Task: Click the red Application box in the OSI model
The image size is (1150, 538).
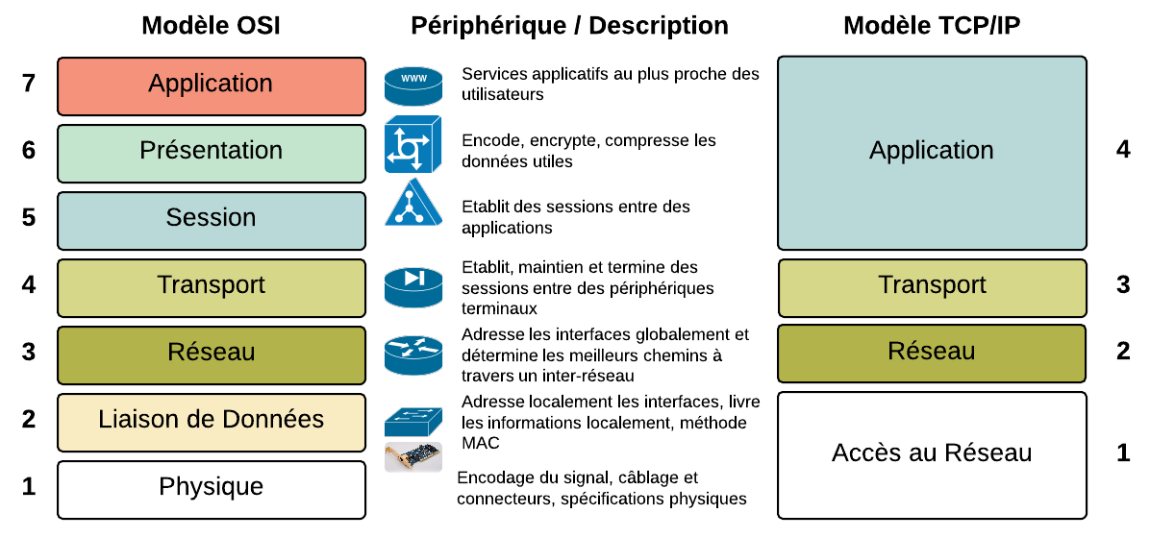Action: (212, 86)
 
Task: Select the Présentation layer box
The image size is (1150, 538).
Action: (212, 153)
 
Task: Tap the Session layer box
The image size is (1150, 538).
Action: (212, 221)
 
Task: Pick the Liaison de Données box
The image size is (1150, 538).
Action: (212, 422)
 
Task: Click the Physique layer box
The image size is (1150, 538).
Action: (212, 490)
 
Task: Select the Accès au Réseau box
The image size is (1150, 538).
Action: (932, 455)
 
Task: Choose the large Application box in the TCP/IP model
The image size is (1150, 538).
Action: (932, 153)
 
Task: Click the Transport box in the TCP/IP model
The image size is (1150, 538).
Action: (932, 288)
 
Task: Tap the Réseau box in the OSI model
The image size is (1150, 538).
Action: (212, 355)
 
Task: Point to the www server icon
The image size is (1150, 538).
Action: (413, 86)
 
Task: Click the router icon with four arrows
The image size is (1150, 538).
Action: (413, 355)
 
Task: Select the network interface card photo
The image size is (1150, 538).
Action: (413, 457)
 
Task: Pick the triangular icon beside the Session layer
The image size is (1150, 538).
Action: (413, 202)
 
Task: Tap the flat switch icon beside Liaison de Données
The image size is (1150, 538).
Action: (413, 422)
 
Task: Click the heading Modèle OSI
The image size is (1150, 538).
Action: (211, 26)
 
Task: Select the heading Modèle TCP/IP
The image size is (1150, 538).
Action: (932, 26)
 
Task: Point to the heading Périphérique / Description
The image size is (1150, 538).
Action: (569, 26)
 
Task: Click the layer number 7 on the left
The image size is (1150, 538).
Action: (29, 85)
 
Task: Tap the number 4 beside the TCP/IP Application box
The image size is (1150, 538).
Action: (1123, 150)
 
